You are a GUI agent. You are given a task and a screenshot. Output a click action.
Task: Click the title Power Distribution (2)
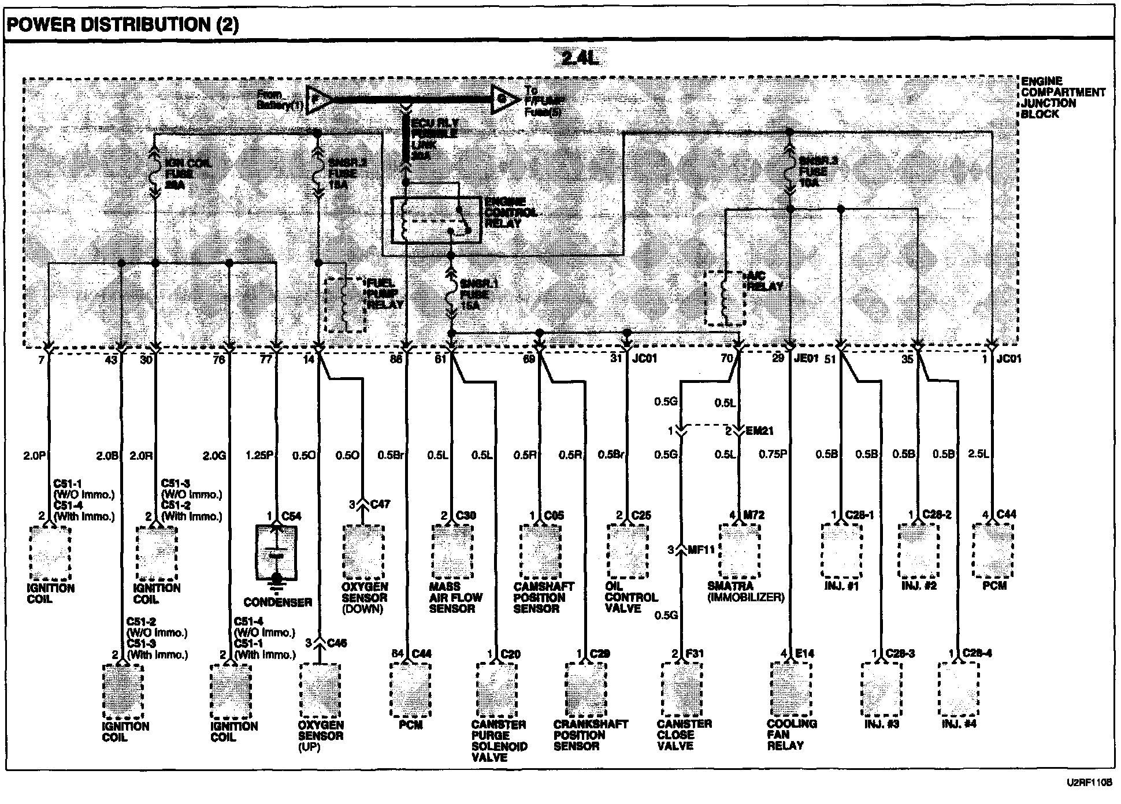123,25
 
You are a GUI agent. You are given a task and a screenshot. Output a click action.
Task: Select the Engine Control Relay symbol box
435,220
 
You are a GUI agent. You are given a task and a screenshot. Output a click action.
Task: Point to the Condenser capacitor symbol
277,552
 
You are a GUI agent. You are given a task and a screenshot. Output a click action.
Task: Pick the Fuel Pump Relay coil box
346,304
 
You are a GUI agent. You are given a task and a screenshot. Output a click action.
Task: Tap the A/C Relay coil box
725,298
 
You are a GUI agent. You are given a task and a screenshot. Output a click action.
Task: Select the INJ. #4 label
959,724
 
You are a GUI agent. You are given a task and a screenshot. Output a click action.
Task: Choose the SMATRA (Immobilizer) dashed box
739,550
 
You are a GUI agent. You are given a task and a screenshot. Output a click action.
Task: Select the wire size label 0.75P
773,455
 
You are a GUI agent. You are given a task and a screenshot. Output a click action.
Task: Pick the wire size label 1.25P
259,455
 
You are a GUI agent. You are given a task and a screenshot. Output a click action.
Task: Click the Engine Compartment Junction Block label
1062,98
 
